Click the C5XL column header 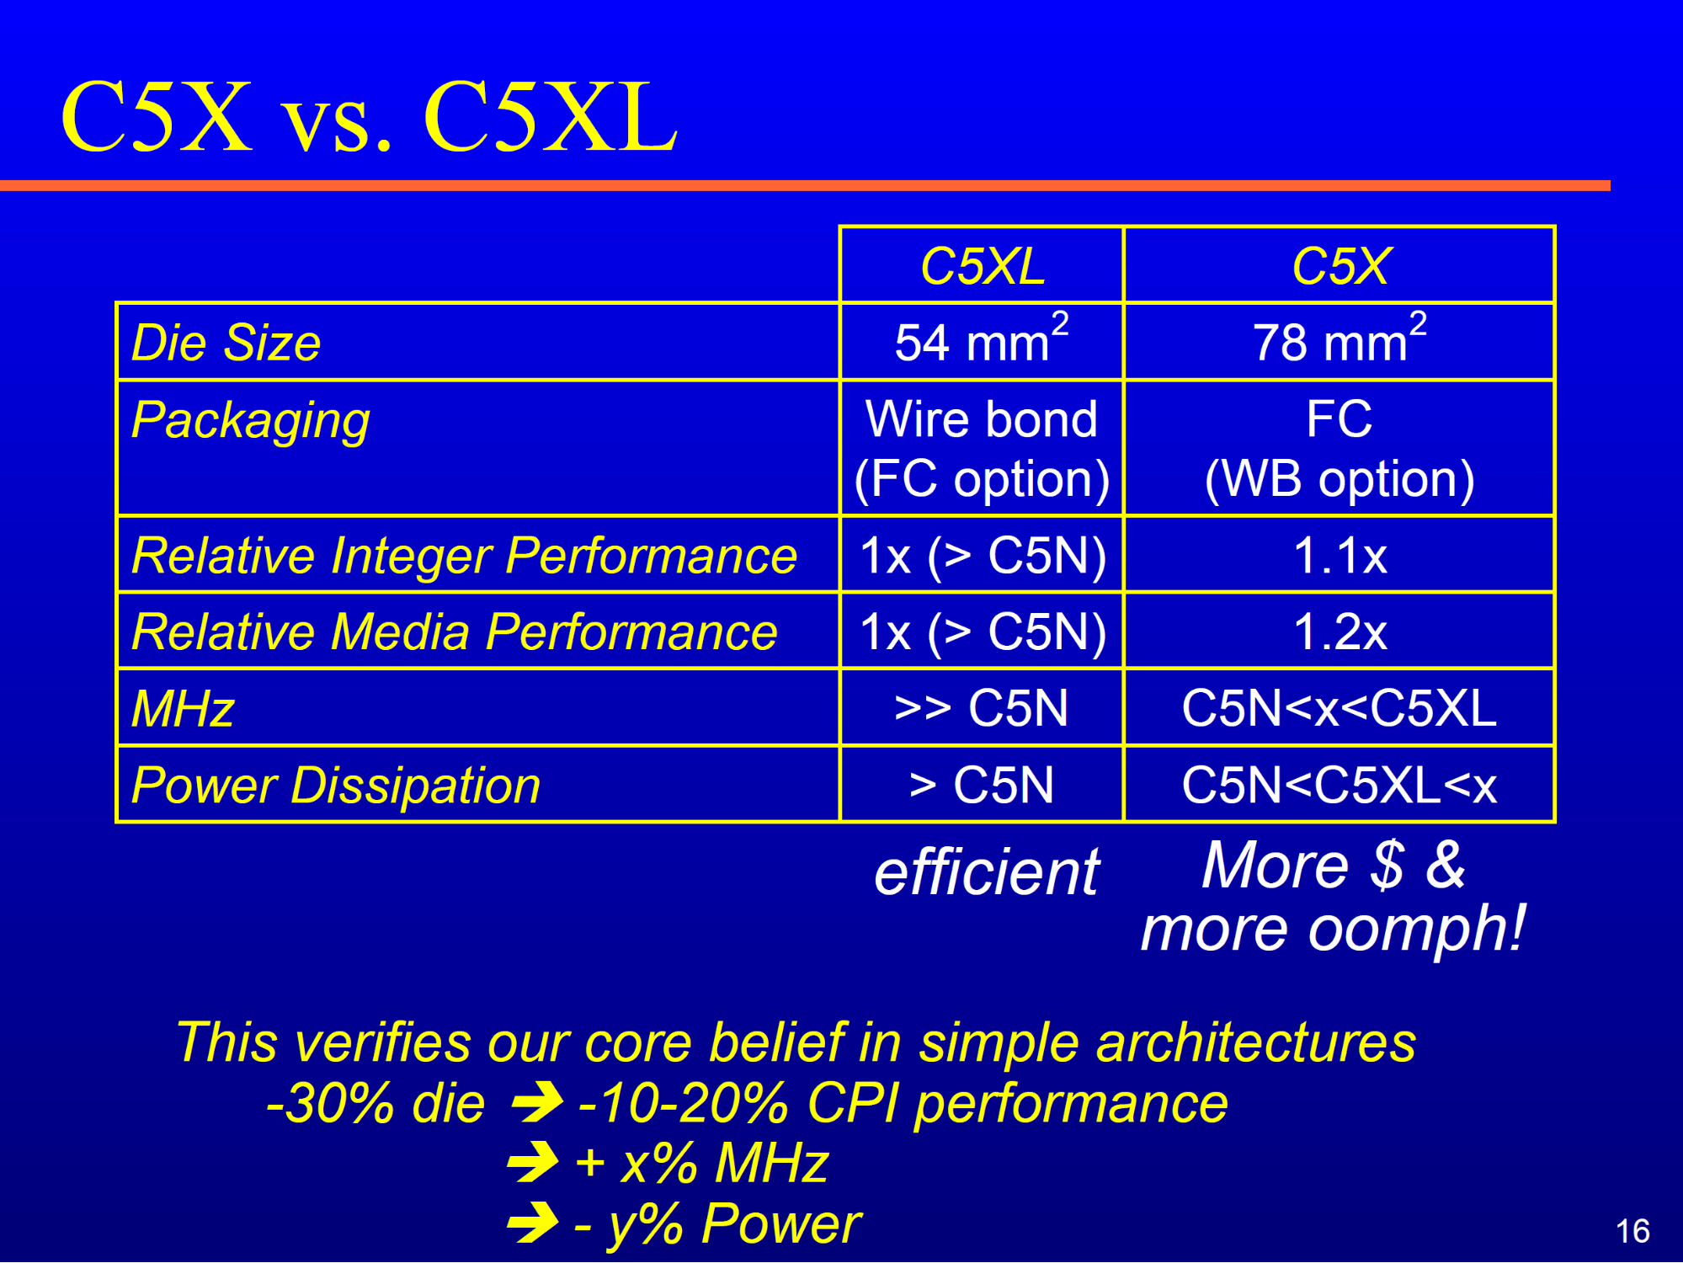[x=983, y=266]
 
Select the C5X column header [x=1340, y=266]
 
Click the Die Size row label [x=226, y=343]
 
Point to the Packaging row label [x=251, y=421]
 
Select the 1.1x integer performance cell [x=1339, y=556]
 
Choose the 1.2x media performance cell [x=1339, y=631]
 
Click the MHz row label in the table [x=183, y=708]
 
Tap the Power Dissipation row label [x=336, y=786]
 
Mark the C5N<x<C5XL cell [x=1339, y=708]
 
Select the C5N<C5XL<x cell [x=1339, y=786]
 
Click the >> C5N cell [x=982, y=708]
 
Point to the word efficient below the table [x=987, y=872]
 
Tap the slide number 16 [x=1632, y=1231]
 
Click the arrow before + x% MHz [x=534, y=1163]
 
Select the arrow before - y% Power [x=534, y=1223]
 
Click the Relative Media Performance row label [x=455, y=631]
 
